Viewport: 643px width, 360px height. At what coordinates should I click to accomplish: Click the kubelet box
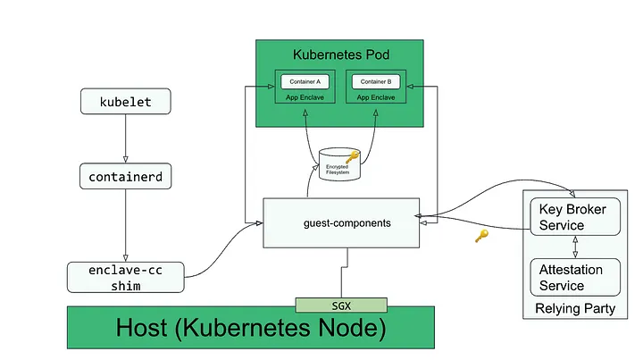(x=125, y=102)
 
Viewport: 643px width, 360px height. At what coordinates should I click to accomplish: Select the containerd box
(x=125, y=177)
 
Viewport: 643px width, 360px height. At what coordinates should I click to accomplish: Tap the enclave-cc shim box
(x=125, y=277)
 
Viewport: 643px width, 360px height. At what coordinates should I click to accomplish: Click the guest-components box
(x=341, y=222)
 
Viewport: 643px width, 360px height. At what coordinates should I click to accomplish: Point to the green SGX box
(x=341, y=305)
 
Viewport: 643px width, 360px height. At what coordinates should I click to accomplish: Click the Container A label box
(x=305, y=81)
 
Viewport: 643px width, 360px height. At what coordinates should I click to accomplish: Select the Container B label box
(x=376, y=81)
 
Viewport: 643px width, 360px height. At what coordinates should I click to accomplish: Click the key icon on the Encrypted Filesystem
(x=351, y=158)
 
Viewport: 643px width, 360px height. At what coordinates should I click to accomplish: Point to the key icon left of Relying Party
(x=481, y=237)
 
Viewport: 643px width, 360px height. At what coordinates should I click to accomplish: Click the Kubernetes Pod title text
(x=341, y=54)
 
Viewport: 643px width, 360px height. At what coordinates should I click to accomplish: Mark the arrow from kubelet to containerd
(x=125, y=138)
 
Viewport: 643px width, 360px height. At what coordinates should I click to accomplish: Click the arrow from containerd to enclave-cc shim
(x=125, y=224)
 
